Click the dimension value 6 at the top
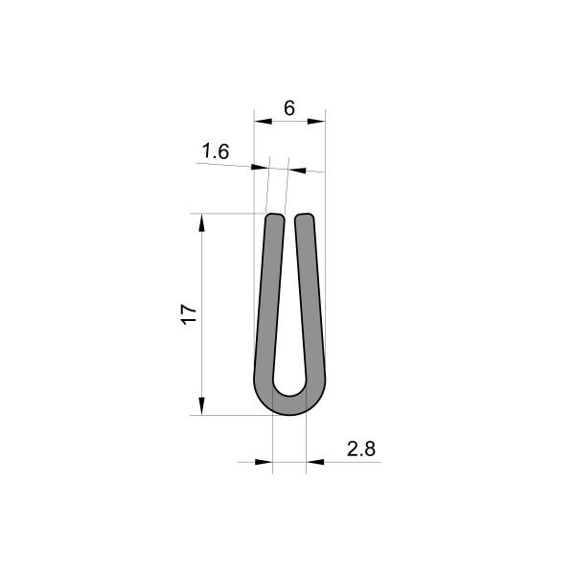[289, 108]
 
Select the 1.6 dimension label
[217, 150]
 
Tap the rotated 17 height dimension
[189, 313]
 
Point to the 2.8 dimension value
[360, 447]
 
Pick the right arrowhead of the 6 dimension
[319, 121]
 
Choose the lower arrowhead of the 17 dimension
[202, 406]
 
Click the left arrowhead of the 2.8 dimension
[266, 462]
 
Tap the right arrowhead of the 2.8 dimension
[312, 462]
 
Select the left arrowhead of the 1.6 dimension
[260, 168]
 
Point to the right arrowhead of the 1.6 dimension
[296, 171]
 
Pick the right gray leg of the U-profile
[310, 307]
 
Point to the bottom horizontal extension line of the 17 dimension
[230, 415]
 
